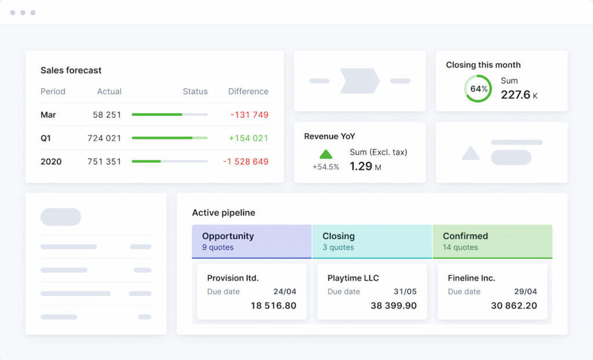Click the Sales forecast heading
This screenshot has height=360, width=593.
coord(71,70)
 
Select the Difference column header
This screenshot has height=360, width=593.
coord(248,91)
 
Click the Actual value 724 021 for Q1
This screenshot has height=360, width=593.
coord(104,138)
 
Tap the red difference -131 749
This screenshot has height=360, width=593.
coord(249,115)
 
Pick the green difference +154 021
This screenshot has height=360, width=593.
coord(248,138)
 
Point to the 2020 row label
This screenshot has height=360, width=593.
coord(52,161)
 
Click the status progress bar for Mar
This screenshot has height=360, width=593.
coord(169,115)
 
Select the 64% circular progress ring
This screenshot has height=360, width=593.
coord(478,89)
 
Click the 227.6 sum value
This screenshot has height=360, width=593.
coord(515,95)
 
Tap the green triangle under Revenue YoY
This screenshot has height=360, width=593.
coord(326,154)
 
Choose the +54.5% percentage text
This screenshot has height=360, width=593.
coord(325,167)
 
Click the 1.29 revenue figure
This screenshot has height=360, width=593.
coord(361,167)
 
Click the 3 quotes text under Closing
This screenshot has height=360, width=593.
coord(338,247)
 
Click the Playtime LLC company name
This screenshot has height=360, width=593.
coord(353,278)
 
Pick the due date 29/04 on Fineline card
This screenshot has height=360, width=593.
coord(525,291)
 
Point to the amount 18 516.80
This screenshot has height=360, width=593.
coord(273,306)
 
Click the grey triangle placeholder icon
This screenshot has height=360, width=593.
coord(470,153)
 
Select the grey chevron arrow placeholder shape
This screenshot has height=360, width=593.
coord(360,80)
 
